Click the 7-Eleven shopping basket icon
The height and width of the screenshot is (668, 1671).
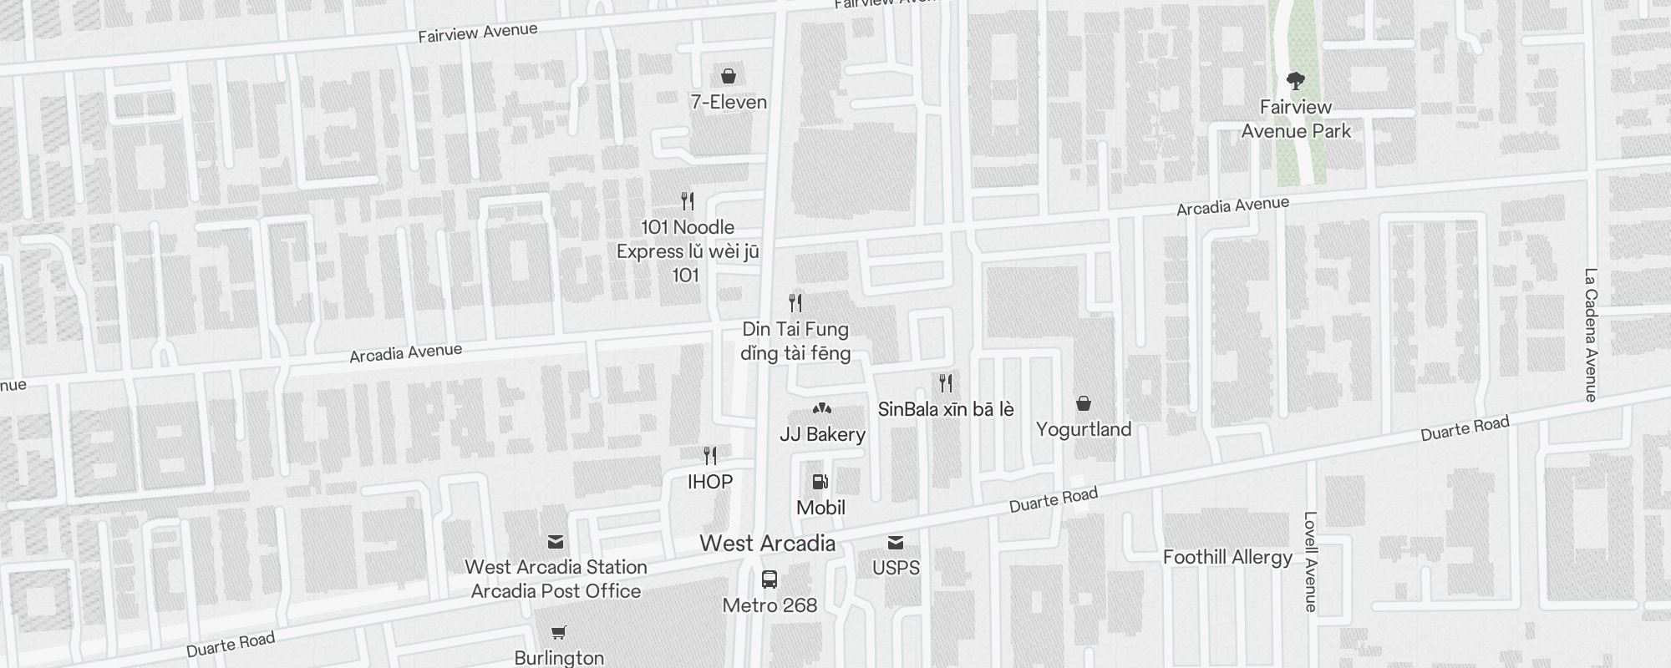(x=729, y=77)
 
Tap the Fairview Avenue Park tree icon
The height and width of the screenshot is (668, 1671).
(x=1296, y=81)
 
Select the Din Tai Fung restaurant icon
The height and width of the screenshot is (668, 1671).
(x=795, y=303)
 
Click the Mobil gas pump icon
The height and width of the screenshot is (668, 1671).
(x=820, y=482)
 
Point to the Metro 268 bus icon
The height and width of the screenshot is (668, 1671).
(x=769, y=579)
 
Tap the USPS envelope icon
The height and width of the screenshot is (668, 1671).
(x=896, y=543)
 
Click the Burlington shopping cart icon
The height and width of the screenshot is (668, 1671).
(x=559, y=633)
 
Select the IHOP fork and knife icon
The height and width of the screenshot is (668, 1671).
(x=710, y=456)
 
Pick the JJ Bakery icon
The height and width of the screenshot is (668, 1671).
(x=822, y=409)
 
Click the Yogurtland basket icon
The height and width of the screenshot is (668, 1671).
(x=1084, y=404)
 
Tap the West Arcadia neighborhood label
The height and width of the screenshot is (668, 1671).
(x=767, y=544)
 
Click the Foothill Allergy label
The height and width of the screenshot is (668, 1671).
(x=1227, y=558)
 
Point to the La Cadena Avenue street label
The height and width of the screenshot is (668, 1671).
(x=1591, y=334)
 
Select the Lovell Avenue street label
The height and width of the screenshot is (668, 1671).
(x=1310, y=561)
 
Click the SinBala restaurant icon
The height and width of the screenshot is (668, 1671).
(x=946, y=383)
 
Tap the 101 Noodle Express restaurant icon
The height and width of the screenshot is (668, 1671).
(x=688, y=201)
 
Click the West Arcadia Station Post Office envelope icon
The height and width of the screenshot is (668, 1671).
(x=556, y=542)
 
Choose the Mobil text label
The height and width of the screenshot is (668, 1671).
(x=820, y=508)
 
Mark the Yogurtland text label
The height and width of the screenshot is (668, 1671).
(x=1084, y=429)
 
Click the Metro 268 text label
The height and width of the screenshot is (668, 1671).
(x=769, y=605)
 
